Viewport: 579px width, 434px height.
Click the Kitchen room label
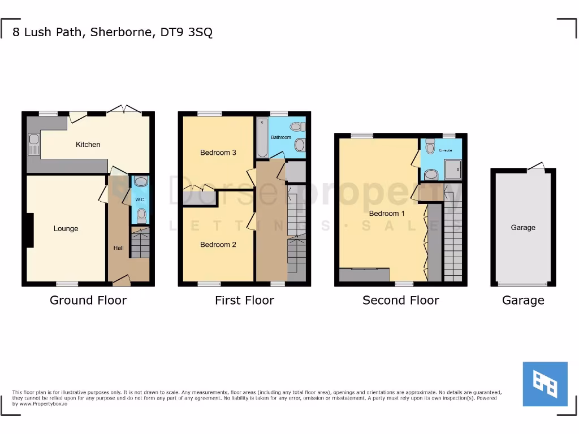[x=88, y=145]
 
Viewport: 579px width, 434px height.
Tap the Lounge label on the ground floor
[x=66, y=229]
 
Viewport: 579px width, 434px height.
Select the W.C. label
[x=140, y=200]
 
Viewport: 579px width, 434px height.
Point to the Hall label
[x=118, y=248]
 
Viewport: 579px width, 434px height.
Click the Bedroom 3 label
[x=218, y=153]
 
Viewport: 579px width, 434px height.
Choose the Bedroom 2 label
[x=218, y=245]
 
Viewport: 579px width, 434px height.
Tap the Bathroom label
[x=281, y=137]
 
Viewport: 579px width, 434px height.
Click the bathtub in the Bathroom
[x=262, y=137]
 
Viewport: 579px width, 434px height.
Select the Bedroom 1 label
[x=387, y=214]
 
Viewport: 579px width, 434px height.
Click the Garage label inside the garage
[x=523, y=228]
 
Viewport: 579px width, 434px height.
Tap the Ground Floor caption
[x=88, y=300]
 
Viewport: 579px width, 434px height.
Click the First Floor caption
[x=244, y=300]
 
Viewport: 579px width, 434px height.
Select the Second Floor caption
[x=400, y=300]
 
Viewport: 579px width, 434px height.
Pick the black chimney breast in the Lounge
[x=29, y=230]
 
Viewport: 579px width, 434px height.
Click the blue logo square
[x=545, y=384]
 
